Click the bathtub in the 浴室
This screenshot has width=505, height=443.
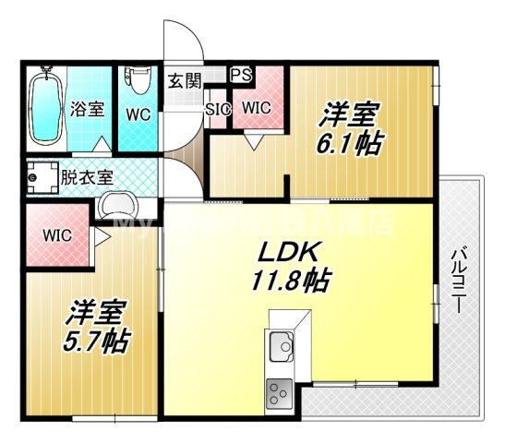[x=44, y=107]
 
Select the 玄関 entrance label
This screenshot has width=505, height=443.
[x=182, y=80]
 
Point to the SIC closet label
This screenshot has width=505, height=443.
[x=218, y=109]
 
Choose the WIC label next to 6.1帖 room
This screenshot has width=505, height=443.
[x=257, y=108]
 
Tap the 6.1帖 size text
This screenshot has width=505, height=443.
[x=354, y=143]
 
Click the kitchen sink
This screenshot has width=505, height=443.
[x=281, y=349]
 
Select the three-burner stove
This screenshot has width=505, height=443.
[x=279, y=395]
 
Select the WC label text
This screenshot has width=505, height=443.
[x=138, y=114]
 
